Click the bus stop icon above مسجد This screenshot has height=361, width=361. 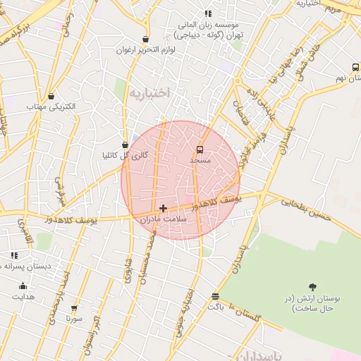200,149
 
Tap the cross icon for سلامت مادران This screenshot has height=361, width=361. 164,208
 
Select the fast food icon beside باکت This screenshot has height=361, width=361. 215,296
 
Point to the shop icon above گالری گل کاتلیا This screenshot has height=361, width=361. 125,145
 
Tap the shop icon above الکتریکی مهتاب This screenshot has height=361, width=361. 51,97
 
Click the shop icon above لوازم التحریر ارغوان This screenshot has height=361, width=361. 145,39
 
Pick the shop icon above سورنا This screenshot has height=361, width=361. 74,307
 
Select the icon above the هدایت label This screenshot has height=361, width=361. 23,286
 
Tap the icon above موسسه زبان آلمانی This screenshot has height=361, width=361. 207,13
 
